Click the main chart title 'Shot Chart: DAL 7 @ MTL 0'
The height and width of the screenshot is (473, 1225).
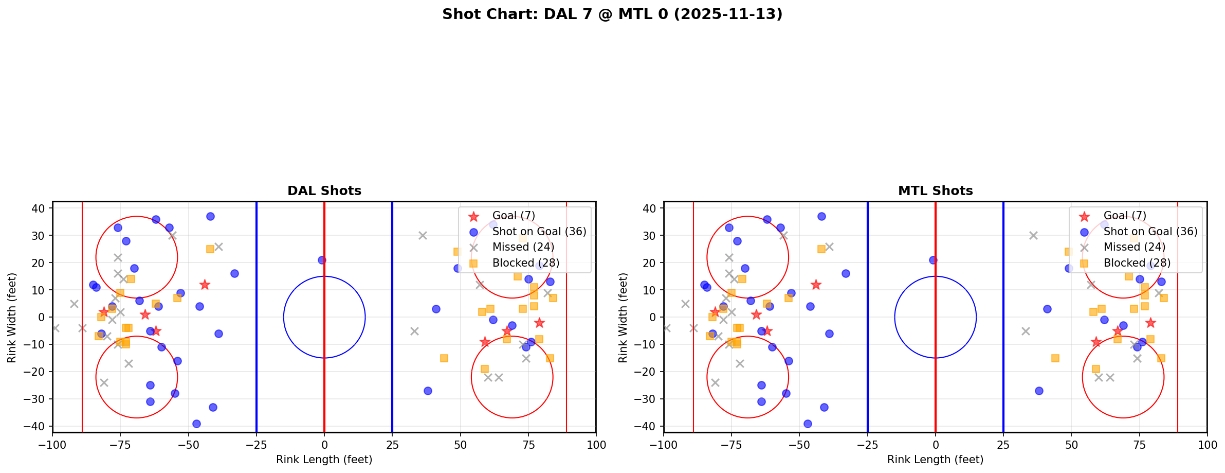(612, 14)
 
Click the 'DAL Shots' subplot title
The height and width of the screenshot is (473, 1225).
(324, 191)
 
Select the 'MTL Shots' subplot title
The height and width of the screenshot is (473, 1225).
(935, 191)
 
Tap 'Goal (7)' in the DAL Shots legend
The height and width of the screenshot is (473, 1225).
(514, 216)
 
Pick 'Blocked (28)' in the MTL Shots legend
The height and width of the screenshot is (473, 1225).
(1137, 263)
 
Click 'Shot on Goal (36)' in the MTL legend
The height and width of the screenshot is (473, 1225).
(1150, 232)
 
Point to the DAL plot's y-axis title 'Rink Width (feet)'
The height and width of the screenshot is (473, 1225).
(12, 318)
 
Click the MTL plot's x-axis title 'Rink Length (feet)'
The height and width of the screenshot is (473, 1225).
(935, 460)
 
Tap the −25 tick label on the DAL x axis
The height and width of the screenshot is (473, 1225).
(256, 445)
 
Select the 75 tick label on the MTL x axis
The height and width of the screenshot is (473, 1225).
(1139, 445)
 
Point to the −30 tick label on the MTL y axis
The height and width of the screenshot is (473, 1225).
(649, 399)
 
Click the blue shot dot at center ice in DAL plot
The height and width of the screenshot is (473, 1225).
(322, 260)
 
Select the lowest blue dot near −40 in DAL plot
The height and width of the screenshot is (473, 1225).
(196, 424)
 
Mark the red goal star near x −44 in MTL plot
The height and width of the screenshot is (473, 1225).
(816, 285)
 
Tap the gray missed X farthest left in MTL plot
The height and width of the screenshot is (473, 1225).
(667, 328)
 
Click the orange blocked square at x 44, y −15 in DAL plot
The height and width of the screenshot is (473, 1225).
(444, 358)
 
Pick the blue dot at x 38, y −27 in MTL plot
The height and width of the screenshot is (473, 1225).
(1039, 391)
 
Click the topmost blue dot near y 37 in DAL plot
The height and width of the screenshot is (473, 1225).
(210, 216)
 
